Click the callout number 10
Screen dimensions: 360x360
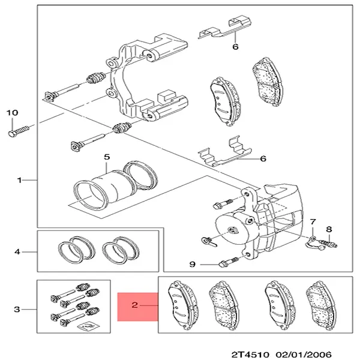(x=13, y=112)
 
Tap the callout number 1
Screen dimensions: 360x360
(x=20, y=179)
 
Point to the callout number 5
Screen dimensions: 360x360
(x=106, y=157)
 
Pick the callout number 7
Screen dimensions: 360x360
(x=312, y=223)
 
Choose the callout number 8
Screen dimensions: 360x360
(x=328, y=229)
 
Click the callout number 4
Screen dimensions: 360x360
(x=17, y=252)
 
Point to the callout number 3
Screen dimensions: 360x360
(x=17, y=310)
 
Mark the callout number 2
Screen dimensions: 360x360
(x=135, y=305)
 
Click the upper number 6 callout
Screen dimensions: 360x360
(x=235, y=46)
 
